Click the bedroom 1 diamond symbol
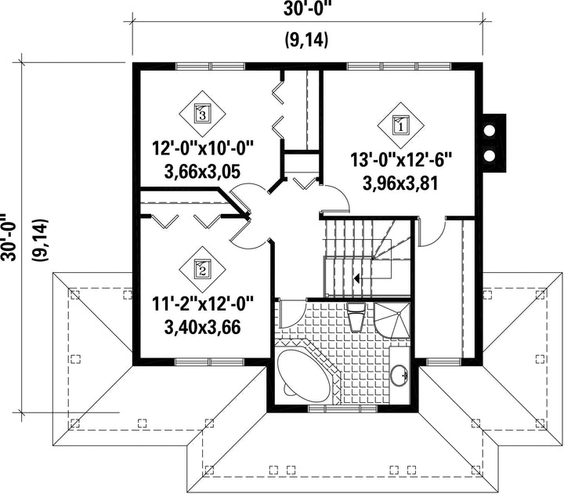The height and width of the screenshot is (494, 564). coord(401,125)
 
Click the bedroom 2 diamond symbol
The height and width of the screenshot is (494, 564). coord(202,269)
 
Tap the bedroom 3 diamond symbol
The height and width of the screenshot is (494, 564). coord(202,114)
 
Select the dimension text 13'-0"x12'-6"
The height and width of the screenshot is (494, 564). coord(400,160)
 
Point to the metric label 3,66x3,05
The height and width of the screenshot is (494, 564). coord(202,172)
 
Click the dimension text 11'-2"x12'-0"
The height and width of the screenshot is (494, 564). coord(203,304)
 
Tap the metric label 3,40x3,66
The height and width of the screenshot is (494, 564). coord(202,327)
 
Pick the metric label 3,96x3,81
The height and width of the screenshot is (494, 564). coord(400,183)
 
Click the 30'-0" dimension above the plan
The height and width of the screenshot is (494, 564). coord(306,9)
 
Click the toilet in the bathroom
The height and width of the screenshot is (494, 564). coord(356,316)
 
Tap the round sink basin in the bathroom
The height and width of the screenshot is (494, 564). coord(399,375)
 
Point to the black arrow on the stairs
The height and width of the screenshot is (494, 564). coord(357,278)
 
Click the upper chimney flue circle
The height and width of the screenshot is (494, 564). coord(489,131)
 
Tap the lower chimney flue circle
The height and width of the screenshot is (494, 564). coord(489,155)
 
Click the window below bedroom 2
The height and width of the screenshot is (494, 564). coord(210,361)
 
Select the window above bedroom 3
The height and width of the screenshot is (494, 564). coord(210,66)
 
